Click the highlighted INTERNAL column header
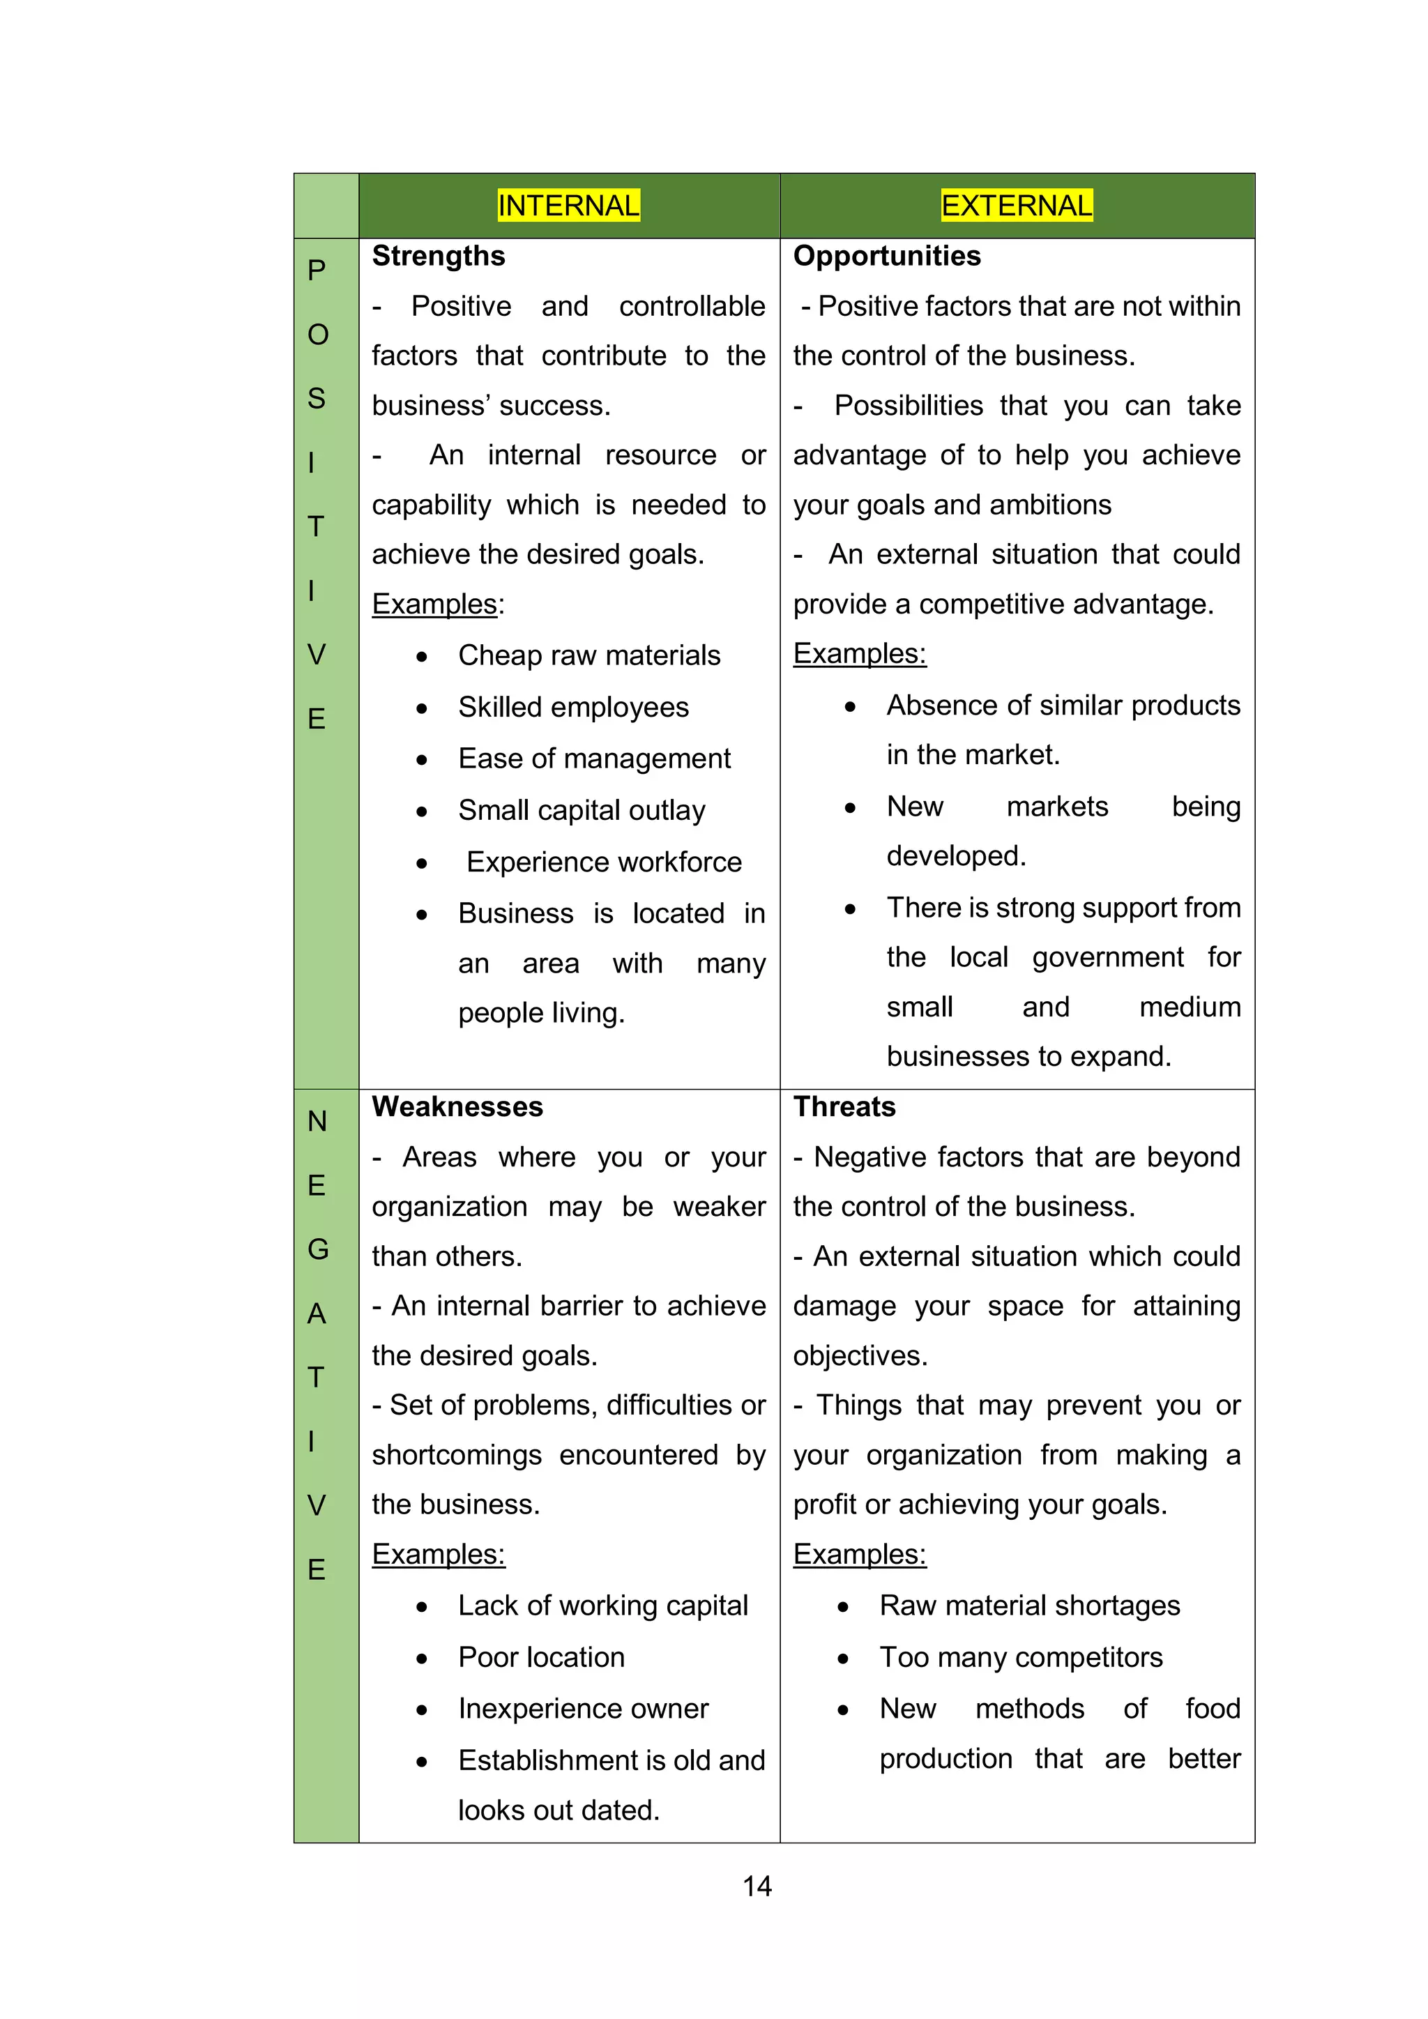pyautogui.click(x=568, y=206)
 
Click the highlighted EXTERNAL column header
pyautogui.click(x=1017, y=206)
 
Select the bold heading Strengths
pyautogui.click(x=438, y=256)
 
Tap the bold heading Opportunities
pyautogui.click(x=886, y=256)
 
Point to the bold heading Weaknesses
pyautogui.click(x=457, y=1106)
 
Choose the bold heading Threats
pyautogui.click(x=844, y=1106)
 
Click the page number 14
pyautogui.click(x=757, y=1887)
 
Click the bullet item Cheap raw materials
pyautogui.click(x=588, y=655)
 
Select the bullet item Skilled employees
pyautogui.click(x=572, y=707)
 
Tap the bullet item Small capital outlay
pyautogui.click(x=582, y=810)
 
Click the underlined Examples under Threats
pyautogui.click(x=859, y=1554)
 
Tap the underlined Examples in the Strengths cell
pyautogui.click(x=436, y=604)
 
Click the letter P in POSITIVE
pyautogui.click(x=317, y=270)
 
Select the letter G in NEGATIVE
pyautogui.click(x=317, y=1249)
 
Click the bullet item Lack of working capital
pyautogui.click(x=602, y=1606)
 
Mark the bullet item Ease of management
pyautogui.click(x=593, y=758)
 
